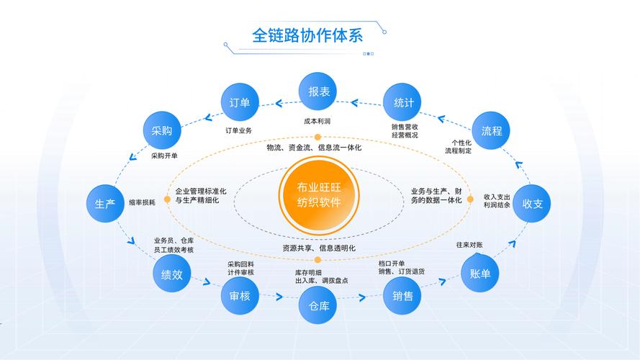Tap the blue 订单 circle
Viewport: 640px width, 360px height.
[240, 103]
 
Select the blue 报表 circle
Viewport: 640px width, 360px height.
[320, 92]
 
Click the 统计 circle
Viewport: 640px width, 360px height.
[403, 103]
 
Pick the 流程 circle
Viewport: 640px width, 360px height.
[492, 131]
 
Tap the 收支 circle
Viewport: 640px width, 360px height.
[536, 204]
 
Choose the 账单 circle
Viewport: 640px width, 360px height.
[480, 274]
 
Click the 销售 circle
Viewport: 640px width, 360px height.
[403, 296]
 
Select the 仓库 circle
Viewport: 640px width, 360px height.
[319, 307]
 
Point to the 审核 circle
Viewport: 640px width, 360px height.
[240, 297]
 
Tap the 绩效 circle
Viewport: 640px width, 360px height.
[172, 274]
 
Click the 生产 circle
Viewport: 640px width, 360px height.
[106, 204]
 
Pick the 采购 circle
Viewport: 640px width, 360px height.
[161, 131]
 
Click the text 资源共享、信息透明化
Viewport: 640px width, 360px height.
[319, 248]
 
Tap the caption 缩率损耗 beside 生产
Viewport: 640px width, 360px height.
[142, 203]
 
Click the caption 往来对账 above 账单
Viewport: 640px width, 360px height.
[469, 245]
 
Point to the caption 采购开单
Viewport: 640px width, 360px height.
[164, 156]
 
